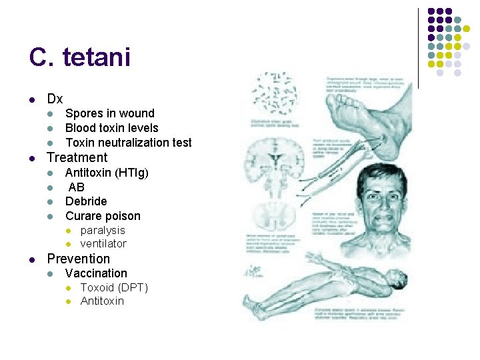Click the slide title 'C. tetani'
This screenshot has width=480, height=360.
pyautogui.click(x=79, y=58)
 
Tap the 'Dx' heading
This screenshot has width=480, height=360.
pyautogui.click(x=55, y=99)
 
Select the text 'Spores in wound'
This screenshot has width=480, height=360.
pyautogui.click(x=109, y=113)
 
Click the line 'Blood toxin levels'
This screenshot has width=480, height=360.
pyautogui.click(x=111, y=128)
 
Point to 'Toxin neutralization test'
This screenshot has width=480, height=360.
pyautogui.click(x=128, y=143)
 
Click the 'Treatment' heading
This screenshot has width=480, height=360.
pyautogui.click(x=77, y=158)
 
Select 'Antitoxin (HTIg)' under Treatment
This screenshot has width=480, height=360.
pyautogui.click(x=107, y=173)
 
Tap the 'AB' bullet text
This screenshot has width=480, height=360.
pyautogui.click(x=77, y=187)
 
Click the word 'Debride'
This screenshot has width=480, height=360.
pyautogui.click(x=86, y=201)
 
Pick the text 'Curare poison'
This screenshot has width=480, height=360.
pyautogui.click(x=103, y=216)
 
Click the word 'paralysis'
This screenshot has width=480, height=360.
pyautogui.click(x=103, y=230)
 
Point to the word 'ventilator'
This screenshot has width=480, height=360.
pyautogui.click(x=103, y=243)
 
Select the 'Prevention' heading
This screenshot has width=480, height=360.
pyautogui.click(x=78, y=259)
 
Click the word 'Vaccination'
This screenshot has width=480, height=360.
pyautogui.click(x=96, y=273)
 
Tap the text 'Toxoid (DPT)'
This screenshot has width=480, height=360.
pyautogui.click(x=114, y=287)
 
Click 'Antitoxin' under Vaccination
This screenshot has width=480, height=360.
pyautogui.click(x=102, y=301)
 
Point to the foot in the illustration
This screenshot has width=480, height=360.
pyautogui.click(x=363, y=117)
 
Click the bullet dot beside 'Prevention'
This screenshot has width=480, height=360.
pyautogui.click(x=33, y=259)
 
